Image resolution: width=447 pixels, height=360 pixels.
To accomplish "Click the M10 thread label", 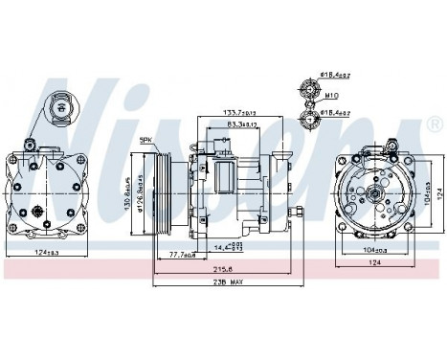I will pyautogui.click(x=331, y=98).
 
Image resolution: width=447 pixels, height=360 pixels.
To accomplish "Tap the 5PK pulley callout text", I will pyautogui.click(x=146, y=141).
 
